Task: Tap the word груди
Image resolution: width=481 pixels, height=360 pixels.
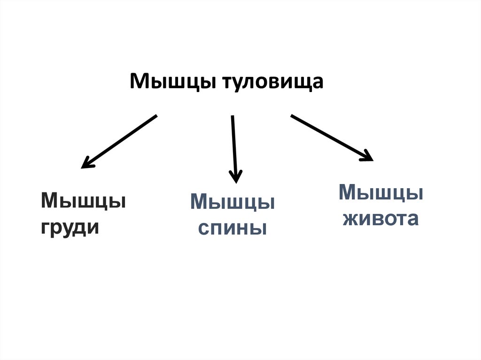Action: pos(70,228)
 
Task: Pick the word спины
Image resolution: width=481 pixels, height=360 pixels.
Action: pos(232,229)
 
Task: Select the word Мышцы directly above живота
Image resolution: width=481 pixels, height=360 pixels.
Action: pos(380,192)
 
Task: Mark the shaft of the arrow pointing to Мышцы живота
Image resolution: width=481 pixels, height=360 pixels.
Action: pos(329,137)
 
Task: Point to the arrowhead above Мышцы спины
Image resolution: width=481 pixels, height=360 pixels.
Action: pos(235,177)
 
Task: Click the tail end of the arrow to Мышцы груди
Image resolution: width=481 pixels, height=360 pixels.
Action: pos(155,116)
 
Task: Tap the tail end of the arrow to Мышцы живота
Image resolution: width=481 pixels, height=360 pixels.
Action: pos(292,116)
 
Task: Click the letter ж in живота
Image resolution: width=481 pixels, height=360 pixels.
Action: pos(350,219)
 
